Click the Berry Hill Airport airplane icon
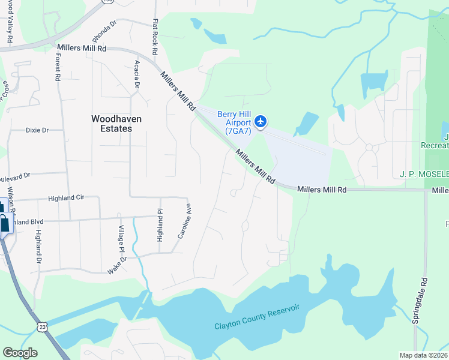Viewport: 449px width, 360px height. point(261,121)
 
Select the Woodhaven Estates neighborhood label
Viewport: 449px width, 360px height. point(116,124)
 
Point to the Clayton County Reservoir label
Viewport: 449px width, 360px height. point(257,317)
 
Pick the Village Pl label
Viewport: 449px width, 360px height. point(121,239)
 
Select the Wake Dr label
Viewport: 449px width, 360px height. point(118,265)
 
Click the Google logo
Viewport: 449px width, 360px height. point(20,352)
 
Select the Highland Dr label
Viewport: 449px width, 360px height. point(38,247)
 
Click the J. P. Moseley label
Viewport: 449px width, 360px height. point(424,174)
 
